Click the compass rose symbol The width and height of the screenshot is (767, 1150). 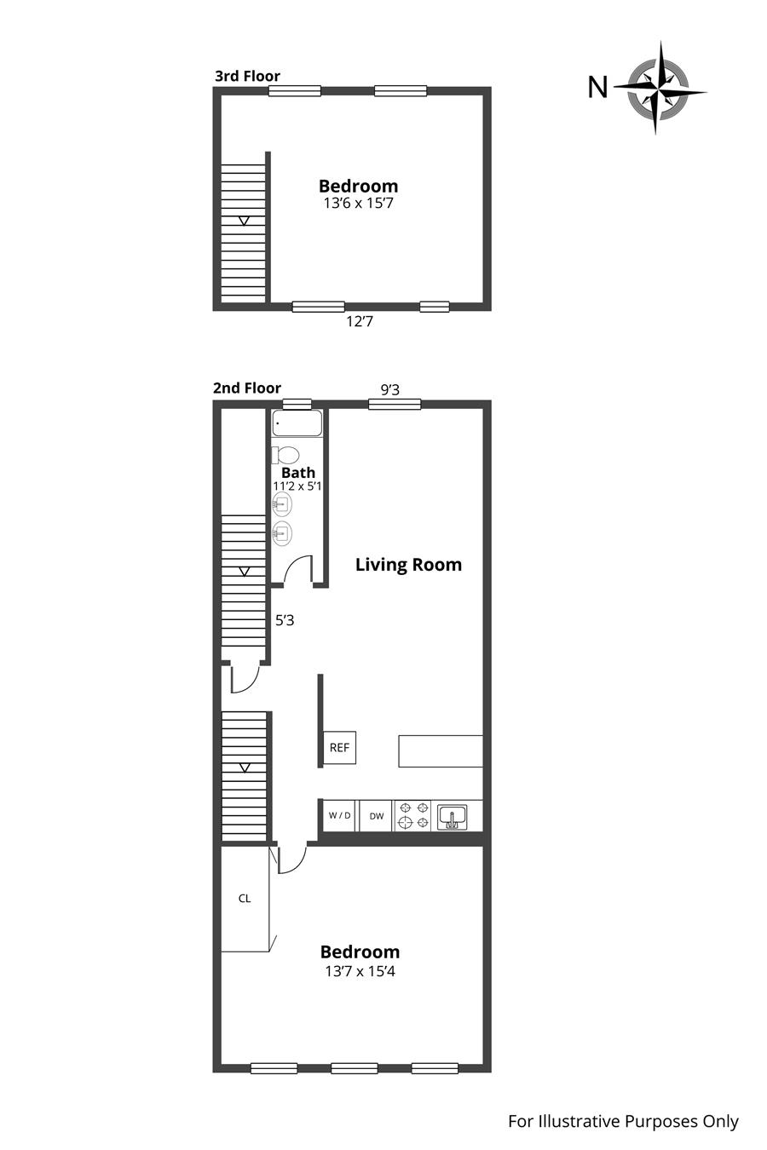(660, 89)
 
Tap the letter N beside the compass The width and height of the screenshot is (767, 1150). (597, 87)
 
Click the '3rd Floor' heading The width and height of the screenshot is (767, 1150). (248, 77)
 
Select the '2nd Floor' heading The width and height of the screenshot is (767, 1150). (247, 388)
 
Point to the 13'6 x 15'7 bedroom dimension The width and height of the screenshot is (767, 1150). (359, 204)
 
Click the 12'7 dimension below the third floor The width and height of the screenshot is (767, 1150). (360, 322)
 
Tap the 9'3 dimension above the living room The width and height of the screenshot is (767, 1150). (390, 390)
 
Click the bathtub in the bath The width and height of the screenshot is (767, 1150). (297, 423)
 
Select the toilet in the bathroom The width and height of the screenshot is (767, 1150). (285, 455)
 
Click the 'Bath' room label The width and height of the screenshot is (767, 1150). (298, 472)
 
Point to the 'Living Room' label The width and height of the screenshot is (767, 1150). (408, 565)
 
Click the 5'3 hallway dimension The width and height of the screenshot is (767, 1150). (285, 621)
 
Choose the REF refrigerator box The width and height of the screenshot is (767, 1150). (339, 748)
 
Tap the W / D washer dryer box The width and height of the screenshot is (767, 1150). (339, 816)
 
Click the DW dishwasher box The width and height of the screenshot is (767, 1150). (377, 816)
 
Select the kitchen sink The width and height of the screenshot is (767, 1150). (452, 817)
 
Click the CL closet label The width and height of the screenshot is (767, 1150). (245, 899)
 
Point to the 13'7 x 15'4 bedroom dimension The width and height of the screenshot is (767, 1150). (360, 971)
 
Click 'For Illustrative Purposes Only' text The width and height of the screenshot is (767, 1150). (623, 1121)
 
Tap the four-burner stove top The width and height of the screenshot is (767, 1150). (414, 816)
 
